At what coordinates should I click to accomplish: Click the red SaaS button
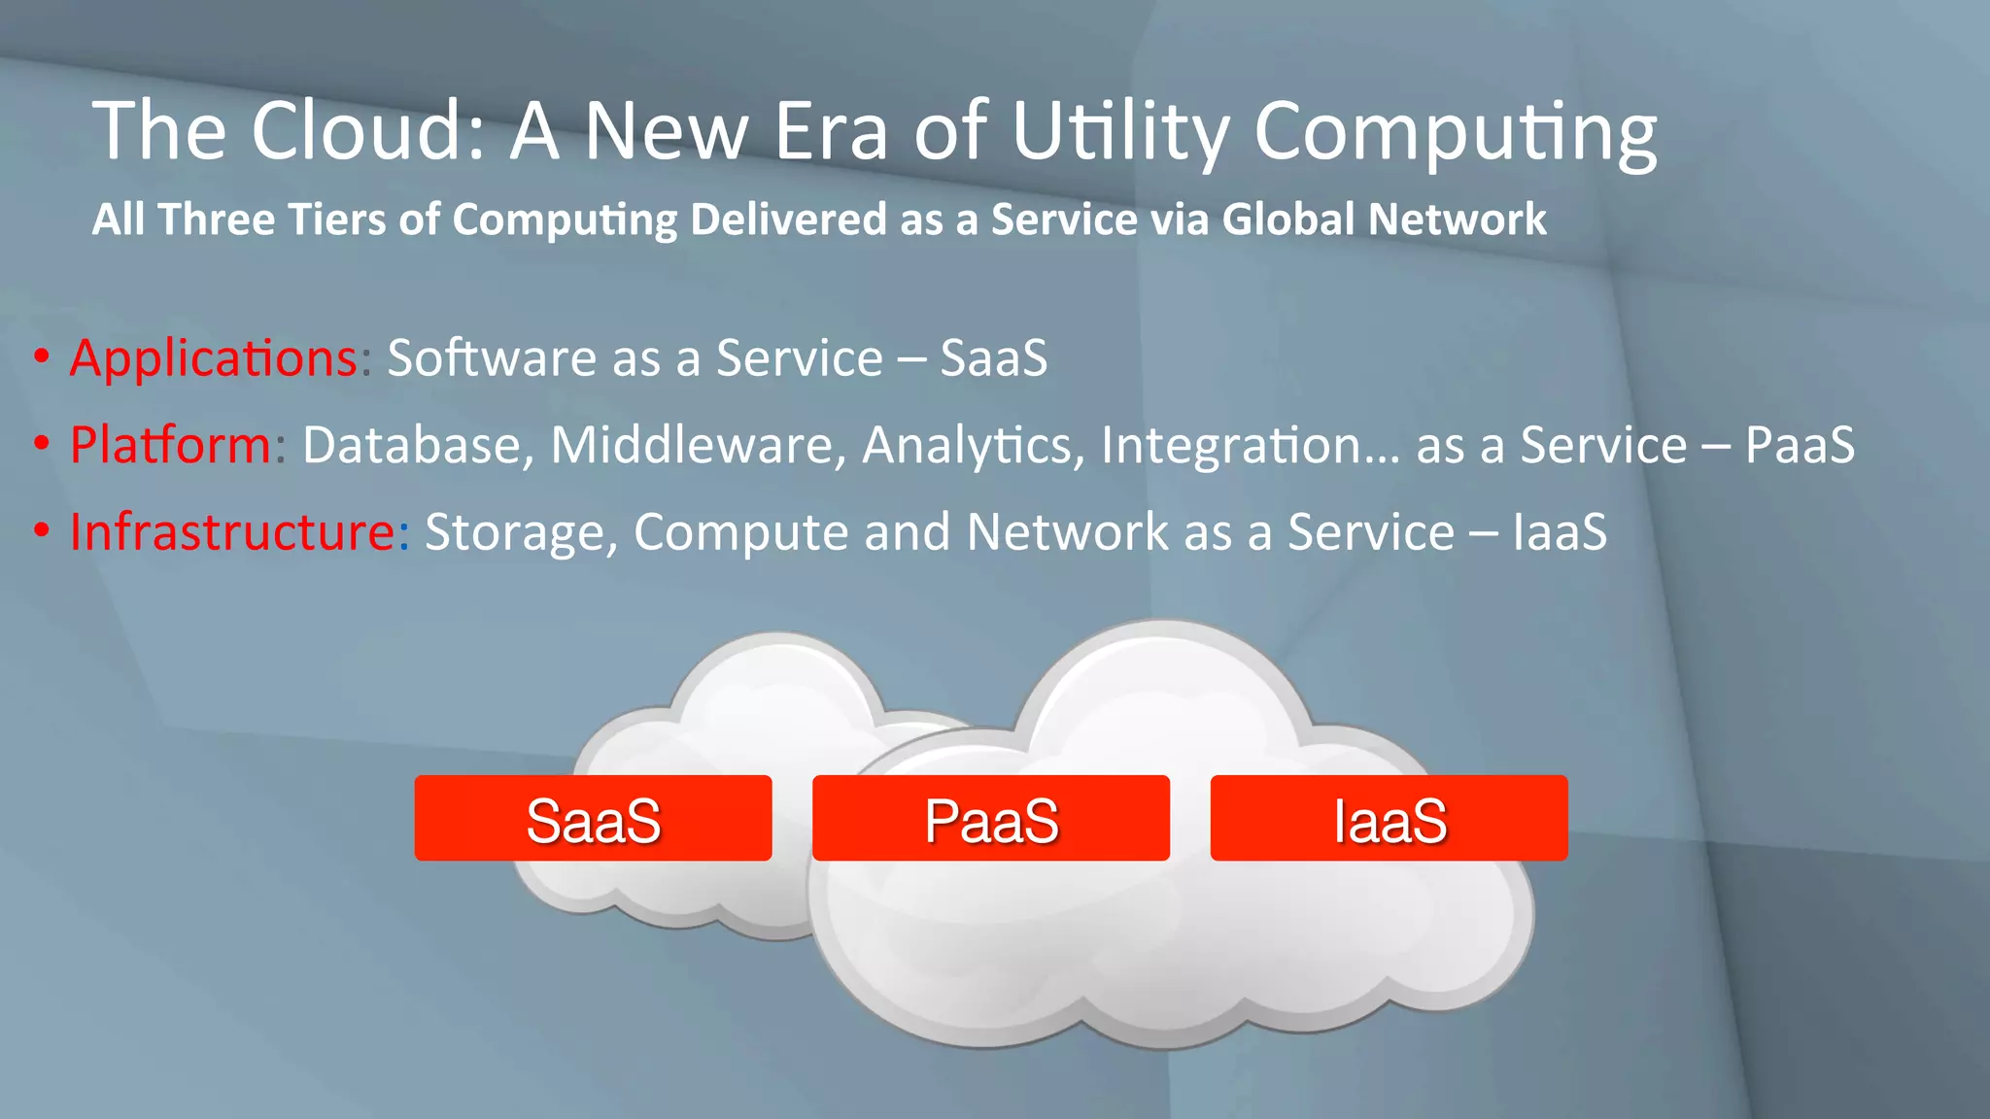pyautogui.click(x=593, y=818)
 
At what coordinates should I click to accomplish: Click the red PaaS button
pyautogui.click(x=990, y=818)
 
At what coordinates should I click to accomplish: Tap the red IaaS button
pyautogui.click(x=1389, y=818)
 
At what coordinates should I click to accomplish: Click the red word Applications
pyautogui.click(x=214, y=358)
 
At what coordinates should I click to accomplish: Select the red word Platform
pyautogui.click(x=170, y=445)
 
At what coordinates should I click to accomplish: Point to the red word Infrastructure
pyautogui.click(x=232, y=532)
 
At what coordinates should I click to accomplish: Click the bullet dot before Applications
pyautogui.click(x=41, y=358)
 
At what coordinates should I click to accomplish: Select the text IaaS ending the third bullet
pyautogui.click(x=1560, y=532)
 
